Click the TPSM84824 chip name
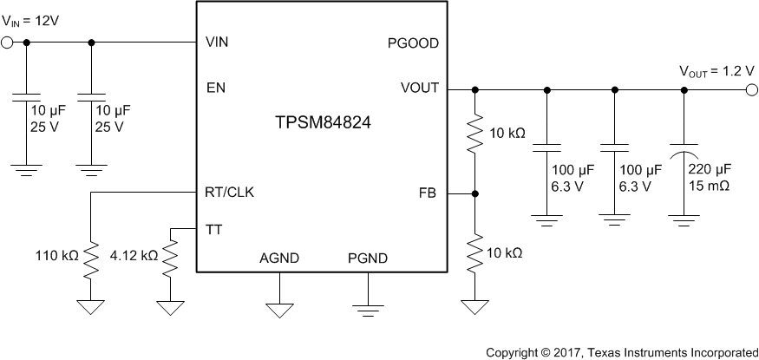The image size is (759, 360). [323, 123]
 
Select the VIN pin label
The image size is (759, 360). [217, 42]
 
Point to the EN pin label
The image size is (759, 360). [216, 88]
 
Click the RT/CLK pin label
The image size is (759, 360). [230, 193]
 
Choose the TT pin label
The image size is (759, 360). [213, 229]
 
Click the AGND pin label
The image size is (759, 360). [280, 259]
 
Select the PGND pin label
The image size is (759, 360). [367, 259]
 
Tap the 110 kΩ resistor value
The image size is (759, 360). [56, 258]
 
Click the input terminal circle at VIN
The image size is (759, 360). [9, 42]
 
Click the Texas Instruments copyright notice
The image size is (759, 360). [621, 352]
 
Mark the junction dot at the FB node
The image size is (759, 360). [475, 193]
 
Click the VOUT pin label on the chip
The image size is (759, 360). [420, 88]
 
